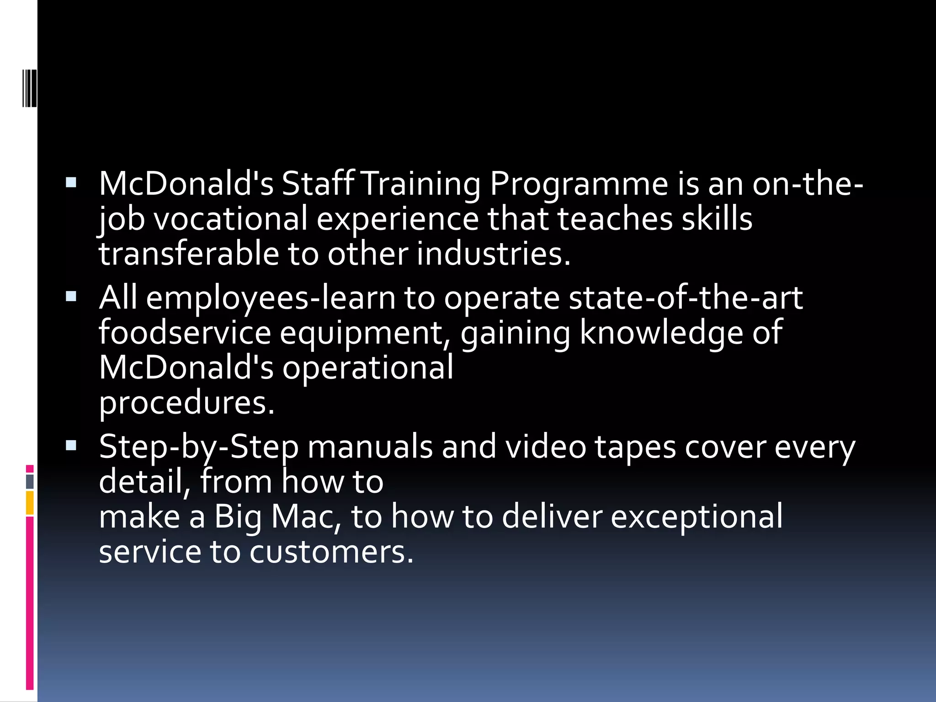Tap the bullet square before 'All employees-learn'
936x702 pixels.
pyautogui.click(x=71, y=297)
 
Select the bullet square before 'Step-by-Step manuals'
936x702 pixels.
pyautogui.click(x=71, y=446)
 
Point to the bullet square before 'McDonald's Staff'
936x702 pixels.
pyautogui.click(x=71, y=183)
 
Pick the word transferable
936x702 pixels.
pyautogui.click(x=189, y=254)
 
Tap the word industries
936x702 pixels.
pyautogui.click(x=494, y=254)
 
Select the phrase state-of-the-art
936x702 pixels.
pyautogui.click(x=686, y=298)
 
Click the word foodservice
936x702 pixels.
pyautogui.click(x=185, y=332)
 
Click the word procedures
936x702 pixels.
pyautogui.click(x=186, y=404)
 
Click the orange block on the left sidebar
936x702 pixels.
pyautogui.click(x=30, y=503)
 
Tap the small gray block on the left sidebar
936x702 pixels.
pyautogui.click(x=30, y=481)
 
